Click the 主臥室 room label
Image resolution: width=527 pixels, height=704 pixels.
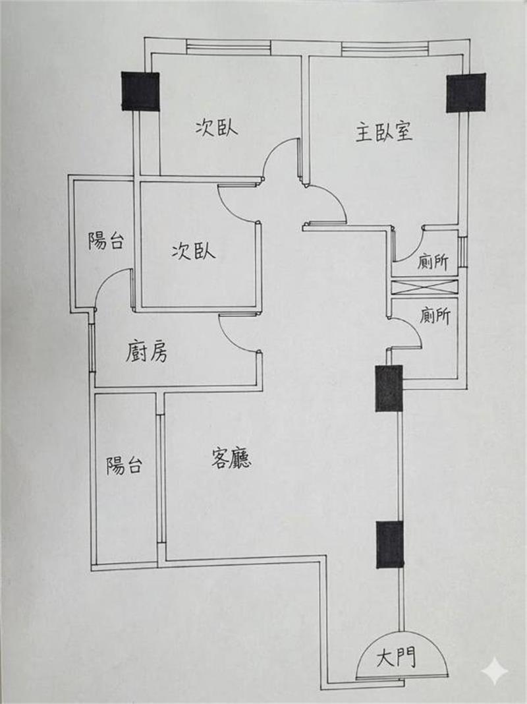(384, 132)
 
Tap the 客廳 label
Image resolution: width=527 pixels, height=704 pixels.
(231, 458)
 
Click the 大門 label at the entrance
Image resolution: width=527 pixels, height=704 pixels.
(396, 658)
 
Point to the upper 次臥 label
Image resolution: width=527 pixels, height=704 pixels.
(216, 128)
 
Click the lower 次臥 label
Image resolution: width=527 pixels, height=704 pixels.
(193, 251)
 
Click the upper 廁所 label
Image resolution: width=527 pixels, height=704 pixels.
(433, 262)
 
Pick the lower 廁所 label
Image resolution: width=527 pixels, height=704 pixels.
(435, 316)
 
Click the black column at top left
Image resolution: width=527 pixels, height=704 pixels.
(140, 91)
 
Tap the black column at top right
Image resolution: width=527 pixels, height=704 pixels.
(466, 93)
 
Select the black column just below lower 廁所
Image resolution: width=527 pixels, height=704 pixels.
(389, 388)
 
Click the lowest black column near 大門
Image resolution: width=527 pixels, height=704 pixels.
(390, 544)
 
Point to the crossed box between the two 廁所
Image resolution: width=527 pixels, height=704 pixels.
(425, 287)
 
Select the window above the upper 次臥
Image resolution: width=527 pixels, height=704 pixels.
(229, 45)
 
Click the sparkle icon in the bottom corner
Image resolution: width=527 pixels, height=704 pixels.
(495, 672)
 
